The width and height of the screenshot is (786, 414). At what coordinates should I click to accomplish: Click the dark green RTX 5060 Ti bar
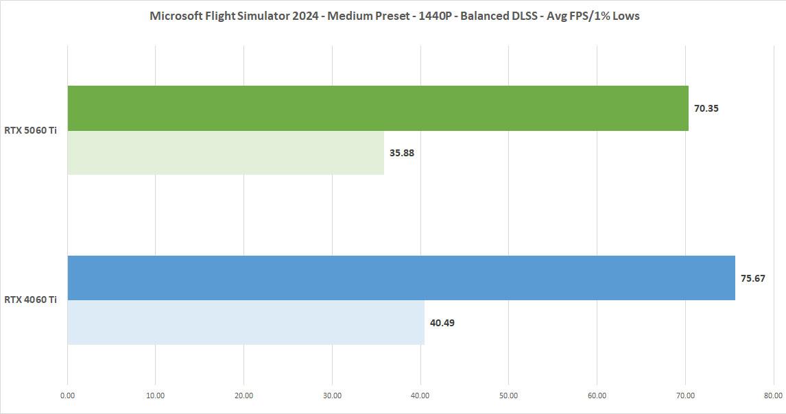coord(377,108)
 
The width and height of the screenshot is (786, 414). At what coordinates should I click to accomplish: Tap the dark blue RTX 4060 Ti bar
coord(401,278)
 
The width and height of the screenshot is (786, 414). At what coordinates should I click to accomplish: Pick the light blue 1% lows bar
coord(246,322)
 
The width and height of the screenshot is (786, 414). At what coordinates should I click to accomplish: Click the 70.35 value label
coord(706,108)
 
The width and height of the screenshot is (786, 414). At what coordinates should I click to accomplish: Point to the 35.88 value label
coord(402,153)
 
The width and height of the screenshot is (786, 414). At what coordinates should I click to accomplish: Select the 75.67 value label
coord(753,278)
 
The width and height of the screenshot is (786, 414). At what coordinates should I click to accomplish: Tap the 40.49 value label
coord(442,323)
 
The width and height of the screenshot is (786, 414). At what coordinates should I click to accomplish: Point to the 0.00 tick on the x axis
coord(67,395)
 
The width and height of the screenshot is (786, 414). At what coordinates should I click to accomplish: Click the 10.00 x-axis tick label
coord(156,395)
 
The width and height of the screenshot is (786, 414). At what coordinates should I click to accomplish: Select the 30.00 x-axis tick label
coord(332,395)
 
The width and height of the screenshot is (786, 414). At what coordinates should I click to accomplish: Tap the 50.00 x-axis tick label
coord(508,395)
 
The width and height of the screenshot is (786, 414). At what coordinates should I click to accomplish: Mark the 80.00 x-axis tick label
coord(773,395)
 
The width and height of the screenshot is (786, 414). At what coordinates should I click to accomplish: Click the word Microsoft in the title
coord(174,16)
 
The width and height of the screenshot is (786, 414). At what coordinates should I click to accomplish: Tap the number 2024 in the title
coord(304,16)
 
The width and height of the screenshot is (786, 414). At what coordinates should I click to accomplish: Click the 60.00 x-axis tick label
coord(597,395)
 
